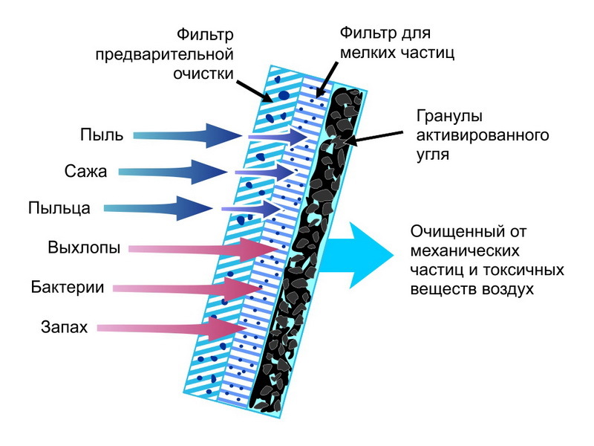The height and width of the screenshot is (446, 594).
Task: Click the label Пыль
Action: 97,135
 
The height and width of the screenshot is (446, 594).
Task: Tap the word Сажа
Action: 86,172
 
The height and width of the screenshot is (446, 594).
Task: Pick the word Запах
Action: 65,326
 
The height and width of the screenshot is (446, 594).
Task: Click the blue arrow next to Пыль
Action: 186,136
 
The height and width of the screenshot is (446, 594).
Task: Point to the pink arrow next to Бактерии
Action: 186,287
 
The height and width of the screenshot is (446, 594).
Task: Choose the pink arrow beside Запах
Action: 171,327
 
